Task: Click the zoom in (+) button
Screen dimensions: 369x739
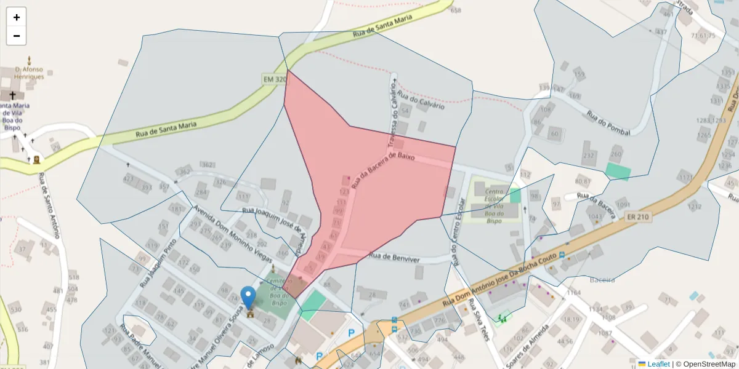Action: click(16, 17)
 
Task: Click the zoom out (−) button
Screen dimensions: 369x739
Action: click(16, 36)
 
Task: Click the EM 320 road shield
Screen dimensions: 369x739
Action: click(275, 79)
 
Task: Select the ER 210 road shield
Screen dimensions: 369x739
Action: click(638, 216)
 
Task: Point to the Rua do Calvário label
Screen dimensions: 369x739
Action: click(421, 100)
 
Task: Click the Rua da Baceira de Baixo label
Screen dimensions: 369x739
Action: click(382, 170)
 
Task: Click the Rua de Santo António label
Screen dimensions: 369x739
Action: click(49, 205)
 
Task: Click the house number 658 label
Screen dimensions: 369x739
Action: click(456, 10)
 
